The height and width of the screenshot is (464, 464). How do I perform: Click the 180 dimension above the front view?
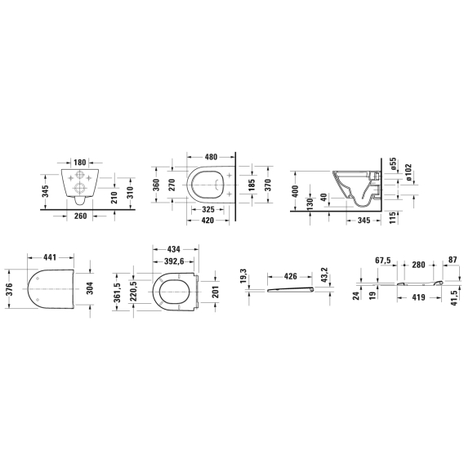(79, 163)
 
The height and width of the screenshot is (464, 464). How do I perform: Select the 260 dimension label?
(80, 216)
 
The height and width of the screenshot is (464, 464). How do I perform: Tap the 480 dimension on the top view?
(211, 157)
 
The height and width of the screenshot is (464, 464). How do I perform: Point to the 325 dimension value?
(208, 209)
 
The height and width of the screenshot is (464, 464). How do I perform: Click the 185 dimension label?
(252, 185)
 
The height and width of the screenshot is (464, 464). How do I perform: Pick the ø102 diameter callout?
(408, 172)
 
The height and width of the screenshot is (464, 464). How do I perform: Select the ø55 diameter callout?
(393, 164)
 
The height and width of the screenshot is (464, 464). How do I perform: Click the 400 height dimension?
(295, 191)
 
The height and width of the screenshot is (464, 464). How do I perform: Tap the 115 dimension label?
(392, 218)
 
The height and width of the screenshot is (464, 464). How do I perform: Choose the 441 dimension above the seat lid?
(50, 257)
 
